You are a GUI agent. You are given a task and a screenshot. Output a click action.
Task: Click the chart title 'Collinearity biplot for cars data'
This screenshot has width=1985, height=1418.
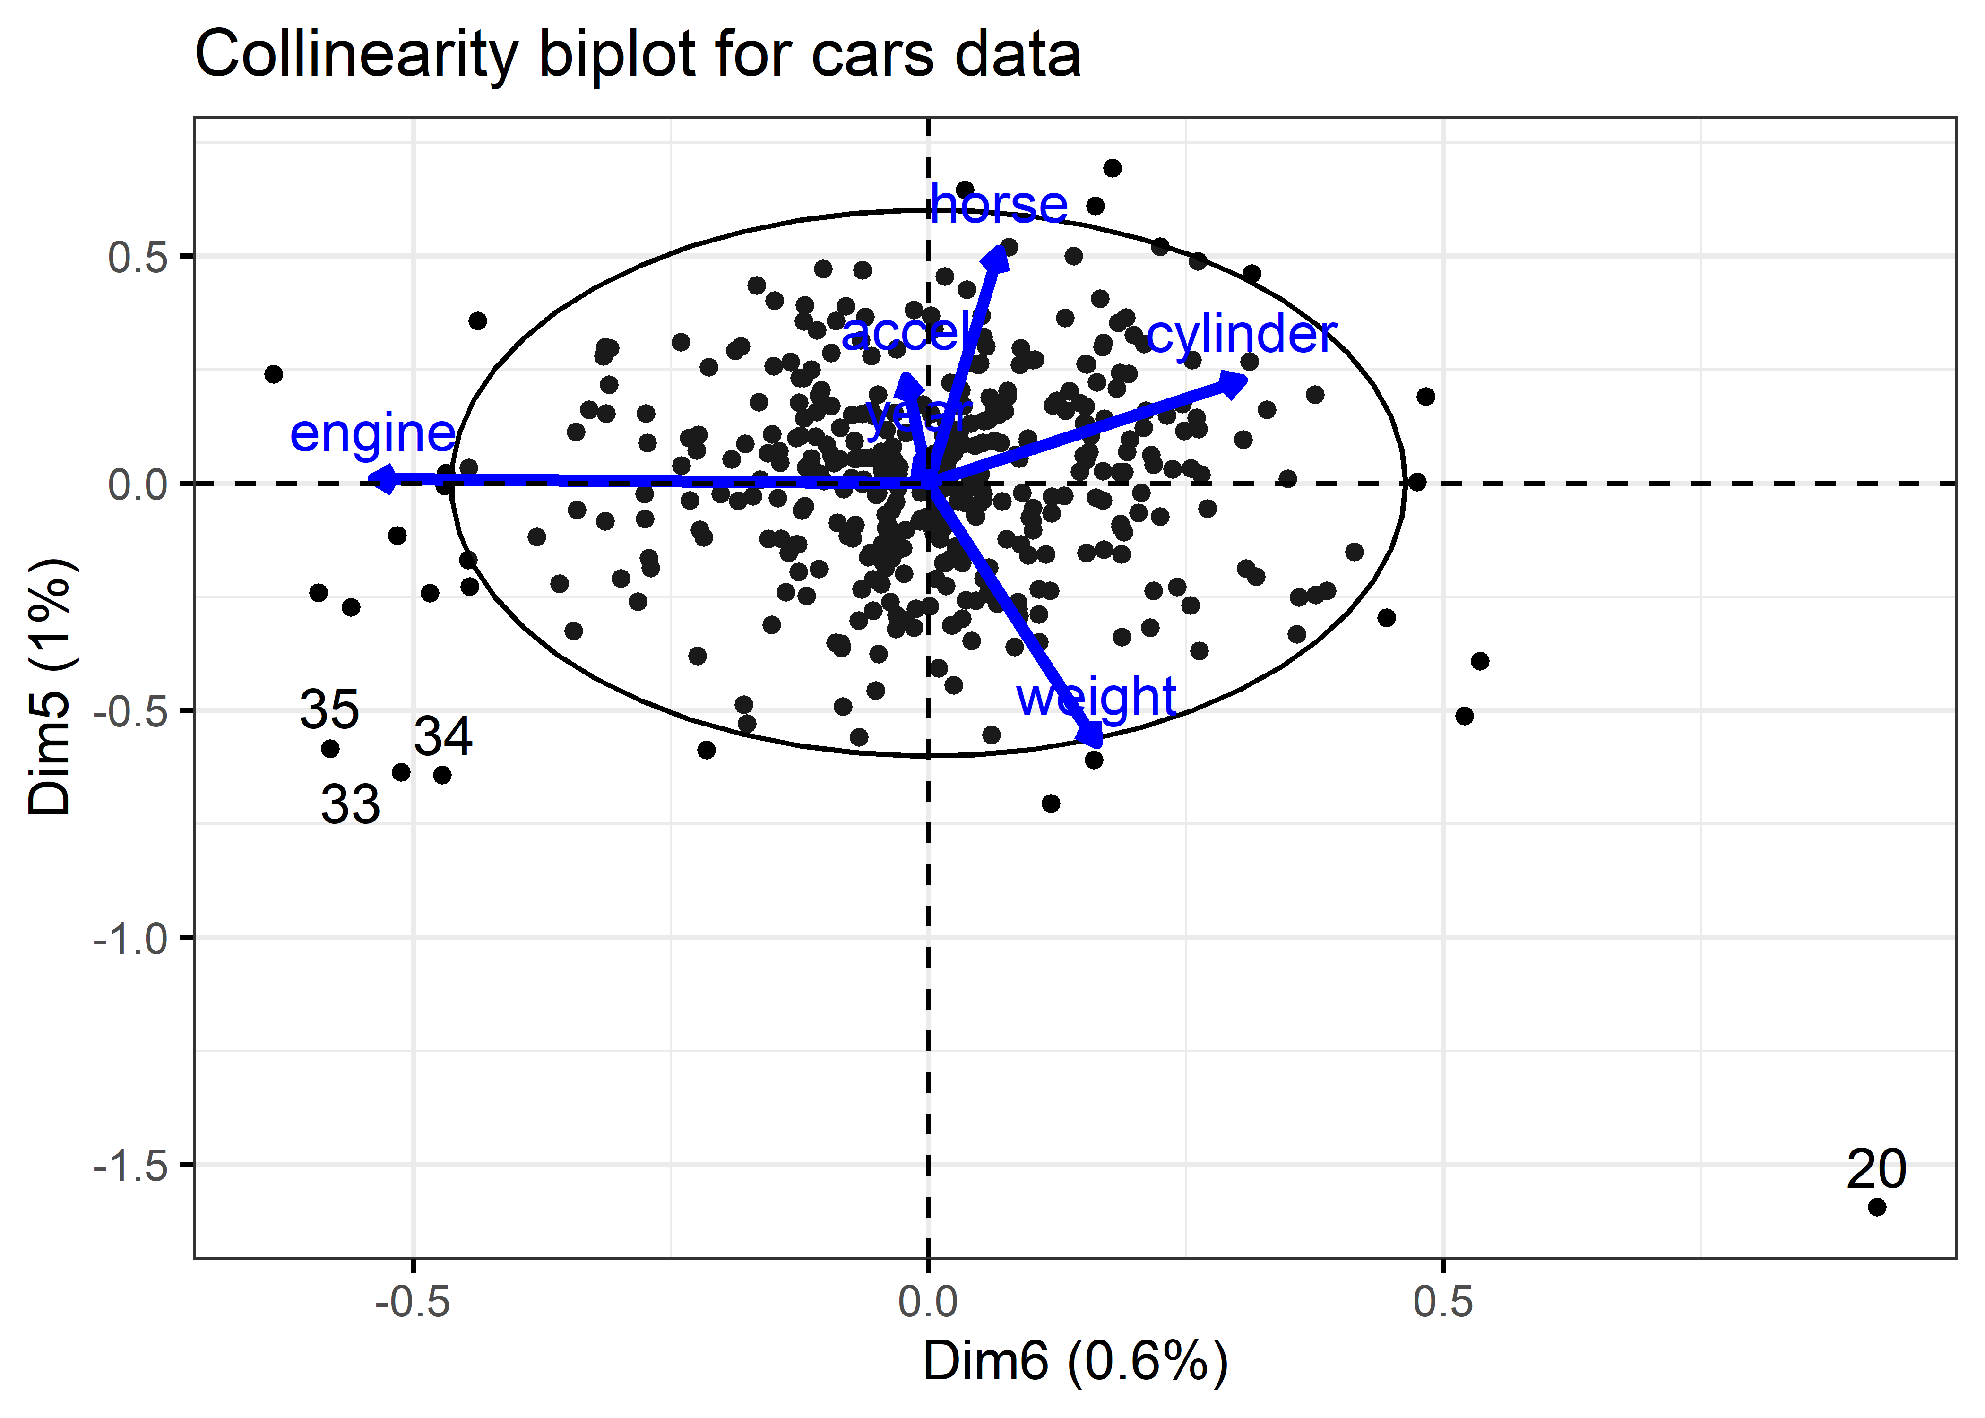pyautogui.click(x=637, y=54)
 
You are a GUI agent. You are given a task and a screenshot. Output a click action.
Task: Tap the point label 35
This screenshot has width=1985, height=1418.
pyautogui.click(x=329, y=709)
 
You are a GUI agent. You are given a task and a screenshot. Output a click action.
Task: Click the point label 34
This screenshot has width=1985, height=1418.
pyautogui.click(x=443, y=736)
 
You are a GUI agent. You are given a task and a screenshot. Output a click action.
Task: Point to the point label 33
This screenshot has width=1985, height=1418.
pyautogui.click(x=351, y=804)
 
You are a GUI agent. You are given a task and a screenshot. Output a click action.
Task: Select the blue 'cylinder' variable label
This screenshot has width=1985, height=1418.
pyautogui.click(x=1241, y=335)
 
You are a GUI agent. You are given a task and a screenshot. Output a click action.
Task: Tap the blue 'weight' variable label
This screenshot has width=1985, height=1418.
pyautogui.click(x=1096, y=698)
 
